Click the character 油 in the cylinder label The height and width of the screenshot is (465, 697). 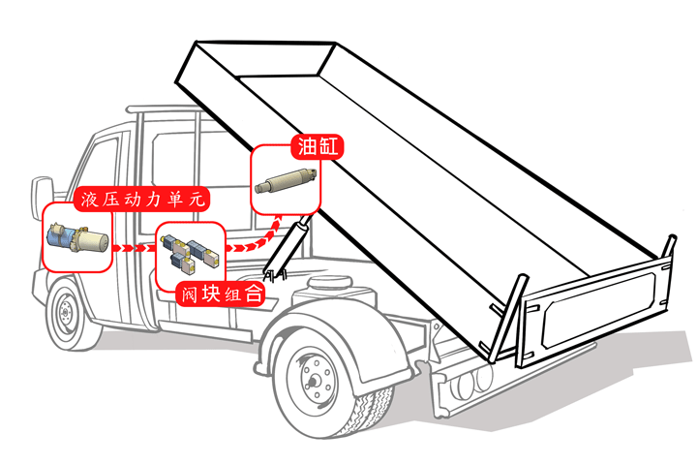[306, 147]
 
